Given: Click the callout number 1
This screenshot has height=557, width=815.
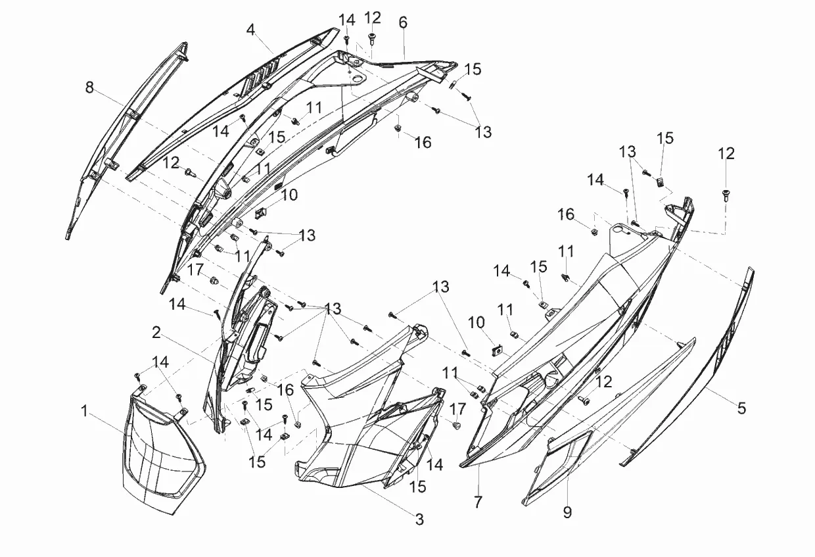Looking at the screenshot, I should point(84,411).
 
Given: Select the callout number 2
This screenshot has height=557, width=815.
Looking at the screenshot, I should point(156,333).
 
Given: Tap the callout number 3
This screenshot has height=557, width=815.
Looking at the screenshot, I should point(419,519).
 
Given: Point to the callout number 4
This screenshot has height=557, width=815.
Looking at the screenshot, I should point(251,30).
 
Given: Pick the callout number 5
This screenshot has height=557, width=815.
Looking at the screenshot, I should point(741,408).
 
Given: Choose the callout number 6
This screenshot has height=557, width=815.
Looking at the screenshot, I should point(403,22).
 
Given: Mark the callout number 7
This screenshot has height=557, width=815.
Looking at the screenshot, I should point(478,502).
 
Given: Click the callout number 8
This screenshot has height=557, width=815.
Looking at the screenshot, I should point(89,87).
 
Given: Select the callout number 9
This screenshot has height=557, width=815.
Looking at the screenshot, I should point(567,512).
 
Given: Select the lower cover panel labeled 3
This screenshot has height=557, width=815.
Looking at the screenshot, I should point(355,421).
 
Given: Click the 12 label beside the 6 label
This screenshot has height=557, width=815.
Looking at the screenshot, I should point(373,17).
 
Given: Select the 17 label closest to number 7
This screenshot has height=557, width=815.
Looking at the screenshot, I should point(457,409).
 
